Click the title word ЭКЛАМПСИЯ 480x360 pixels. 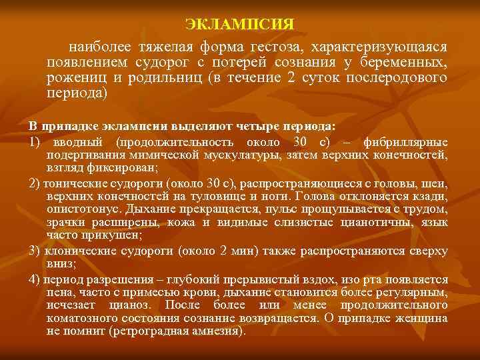tap(239, 25)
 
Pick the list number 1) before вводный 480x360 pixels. tap(35, 143)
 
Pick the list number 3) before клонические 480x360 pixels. tap(35, 251)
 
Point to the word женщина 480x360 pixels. tap(420, 318)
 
